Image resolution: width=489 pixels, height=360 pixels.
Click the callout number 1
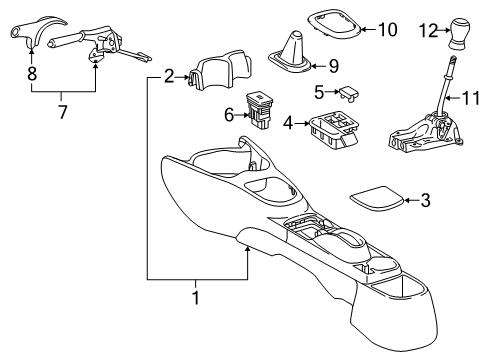[196, 326]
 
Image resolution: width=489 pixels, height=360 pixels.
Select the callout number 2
[169, 74]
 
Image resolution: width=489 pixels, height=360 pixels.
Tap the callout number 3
[425, 201]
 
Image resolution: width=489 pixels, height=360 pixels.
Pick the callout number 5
[317, 92]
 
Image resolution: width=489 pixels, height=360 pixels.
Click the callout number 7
[62, 111]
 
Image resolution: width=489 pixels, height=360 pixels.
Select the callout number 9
[333, 67]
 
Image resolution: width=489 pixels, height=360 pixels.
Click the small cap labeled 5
[349, 93]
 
